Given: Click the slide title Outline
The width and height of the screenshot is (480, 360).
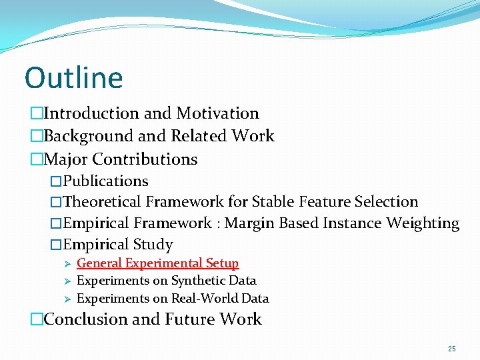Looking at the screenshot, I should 73,78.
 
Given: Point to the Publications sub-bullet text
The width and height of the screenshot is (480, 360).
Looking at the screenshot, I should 105,181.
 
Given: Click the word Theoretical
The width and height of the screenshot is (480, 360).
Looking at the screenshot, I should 102,202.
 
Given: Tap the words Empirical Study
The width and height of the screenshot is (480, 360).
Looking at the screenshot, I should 118,245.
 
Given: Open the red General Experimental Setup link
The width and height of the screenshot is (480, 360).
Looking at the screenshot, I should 157,264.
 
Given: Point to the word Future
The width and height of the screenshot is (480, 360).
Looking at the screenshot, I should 189,319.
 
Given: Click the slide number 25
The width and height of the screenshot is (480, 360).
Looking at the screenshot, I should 452,349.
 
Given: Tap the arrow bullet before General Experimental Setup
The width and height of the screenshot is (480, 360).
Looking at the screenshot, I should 67,264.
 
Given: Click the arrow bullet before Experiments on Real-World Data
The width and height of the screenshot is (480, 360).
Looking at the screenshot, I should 67,299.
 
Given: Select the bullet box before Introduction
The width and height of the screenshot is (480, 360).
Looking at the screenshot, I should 36,114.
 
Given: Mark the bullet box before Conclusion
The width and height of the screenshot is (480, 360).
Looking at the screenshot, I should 36,319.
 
